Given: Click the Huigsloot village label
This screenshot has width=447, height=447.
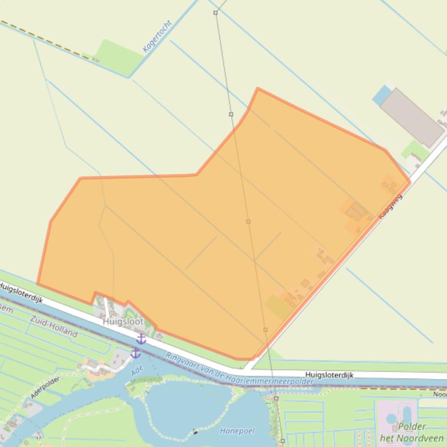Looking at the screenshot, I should point(123,322).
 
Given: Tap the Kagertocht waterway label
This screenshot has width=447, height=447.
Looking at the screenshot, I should point(157,37).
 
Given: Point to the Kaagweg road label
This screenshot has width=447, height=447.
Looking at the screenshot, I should point(390,206).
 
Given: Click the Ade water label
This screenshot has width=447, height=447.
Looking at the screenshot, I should point(137,369).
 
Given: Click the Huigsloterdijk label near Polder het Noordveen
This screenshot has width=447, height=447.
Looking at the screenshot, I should point(329,376).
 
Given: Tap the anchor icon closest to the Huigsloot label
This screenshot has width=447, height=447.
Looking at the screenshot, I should point(141,339).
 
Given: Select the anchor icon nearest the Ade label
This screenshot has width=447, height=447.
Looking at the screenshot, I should point(135,352).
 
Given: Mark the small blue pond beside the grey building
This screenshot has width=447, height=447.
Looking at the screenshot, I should point(382,95).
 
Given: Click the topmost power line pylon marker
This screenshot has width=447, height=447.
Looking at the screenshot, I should point(215,12).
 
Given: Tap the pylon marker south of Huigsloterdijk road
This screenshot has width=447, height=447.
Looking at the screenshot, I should point(276,399).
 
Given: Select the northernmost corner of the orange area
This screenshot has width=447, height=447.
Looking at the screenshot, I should point(258,89).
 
